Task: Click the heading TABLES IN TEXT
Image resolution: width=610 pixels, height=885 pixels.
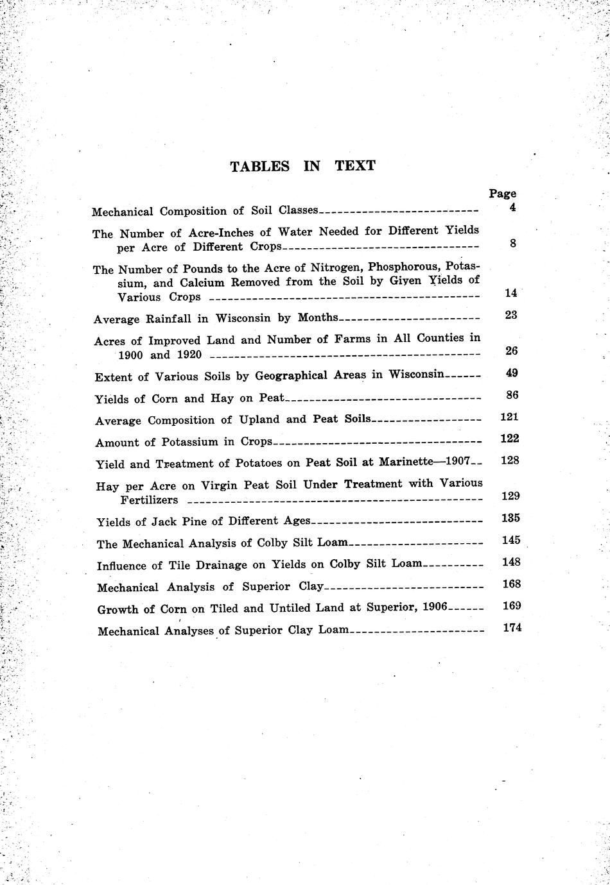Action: (x=302, y=166)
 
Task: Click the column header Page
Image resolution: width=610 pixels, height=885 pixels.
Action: (x=502, y=193)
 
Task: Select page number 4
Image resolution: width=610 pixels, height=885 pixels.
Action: (x=512, y=208)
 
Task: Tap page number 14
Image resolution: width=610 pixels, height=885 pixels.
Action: (x=511, y=293)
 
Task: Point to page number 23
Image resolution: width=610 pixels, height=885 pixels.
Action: (x=511, y=315)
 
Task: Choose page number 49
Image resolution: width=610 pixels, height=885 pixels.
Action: (x=512, y=373)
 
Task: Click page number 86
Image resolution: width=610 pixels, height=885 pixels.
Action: (x=512, y=395)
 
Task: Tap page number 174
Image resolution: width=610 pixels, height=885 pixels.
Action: (x=512, y=628)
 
